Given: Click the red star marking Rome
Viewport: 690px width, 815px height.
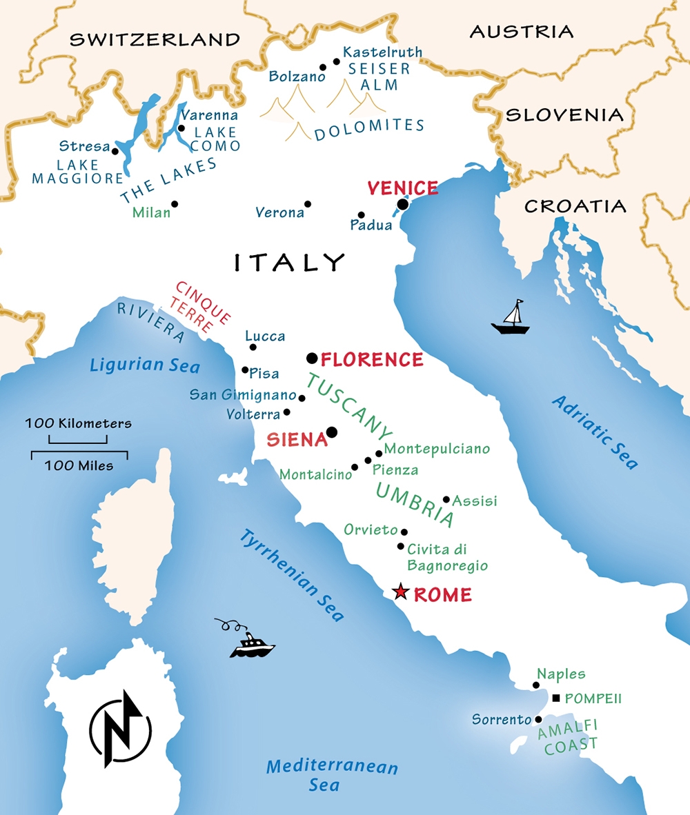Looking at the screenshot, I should (x=400, y=592).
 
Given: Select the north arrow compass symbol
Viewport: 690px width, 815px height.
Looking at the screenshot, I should (x=120, y=728).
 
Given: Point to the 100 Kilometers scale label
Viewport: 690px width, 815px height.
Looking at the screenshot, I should (x=78, y=423).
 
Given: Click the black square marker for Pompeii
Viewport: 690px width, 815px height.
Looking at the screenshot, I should (x=556, y=698).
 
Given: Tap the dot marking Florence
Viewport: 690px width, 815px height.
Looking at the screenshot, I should (x=312, y=358).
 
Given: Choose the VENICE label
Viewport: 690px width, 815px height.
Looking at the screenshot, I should (x=402, y=188).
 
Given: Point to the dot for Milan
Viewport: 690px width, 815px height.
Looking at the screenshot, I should (x=175, y=204).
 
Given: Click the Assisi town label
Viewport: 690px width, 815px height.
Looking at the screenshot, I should (x=475, y=501).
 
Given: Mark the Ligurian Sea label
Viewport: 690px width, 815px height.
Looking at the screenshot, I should (x=144, y=365).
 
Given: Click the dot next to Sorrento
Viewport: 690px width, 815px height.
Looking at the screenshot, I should (x=538, y=719).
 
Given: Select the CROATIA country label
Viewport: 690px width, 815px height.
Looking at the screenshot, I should (x=575, y=206).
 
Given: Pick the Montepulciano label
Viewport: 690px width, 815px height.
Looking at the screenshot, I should (x=437, y=449).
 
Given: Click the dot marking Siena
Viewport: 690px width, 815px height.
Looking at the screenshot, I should (x=331, y=432).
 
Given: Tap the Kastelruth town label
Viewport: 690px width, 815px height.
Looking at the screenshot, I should (x=382, y=52).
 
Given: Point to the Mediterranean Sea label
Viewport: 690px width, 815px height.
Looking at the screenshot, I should (x=332, y=775).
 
